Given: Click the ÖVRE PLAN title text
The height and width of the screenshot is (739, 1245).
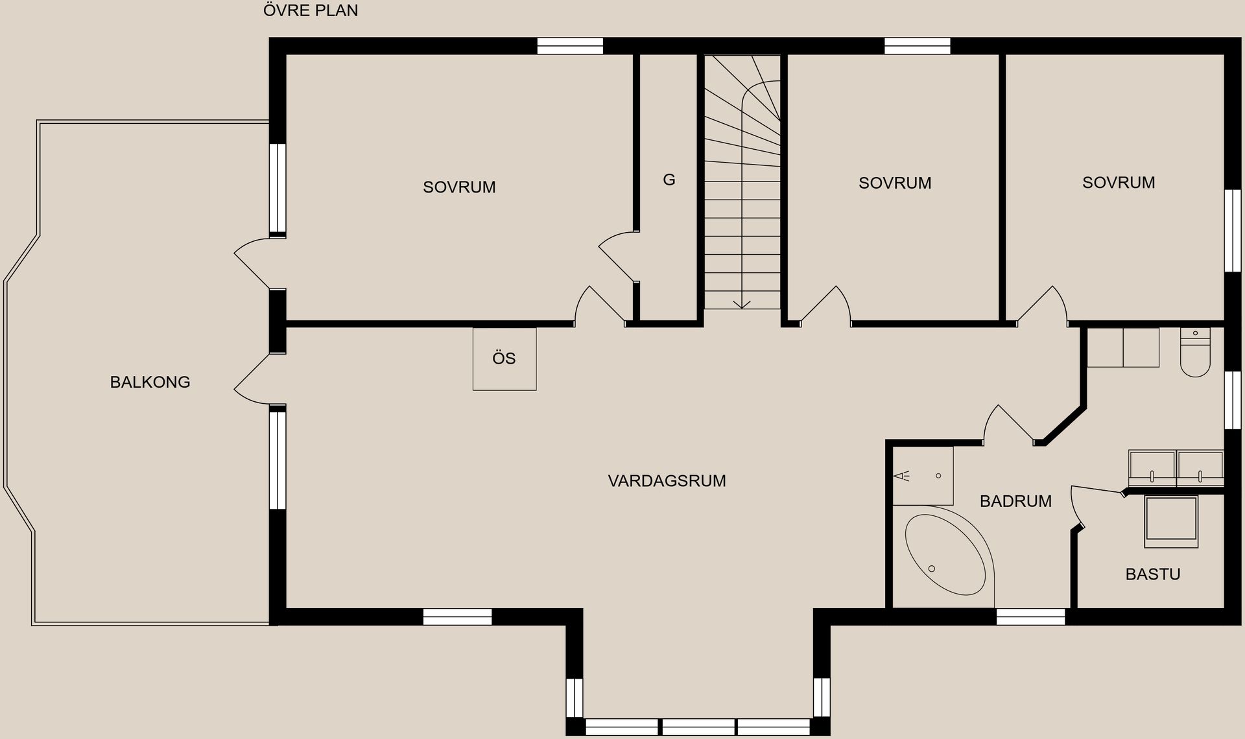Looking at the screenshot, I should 311,11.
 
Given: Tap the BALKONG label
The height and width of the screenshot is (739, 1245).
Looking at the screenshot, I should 150,382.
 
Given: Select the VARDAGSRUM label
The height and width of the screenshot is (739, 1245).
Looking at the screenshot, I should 667,481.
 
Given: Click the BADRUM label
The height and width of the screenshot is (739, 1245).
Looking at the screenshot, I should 1015,501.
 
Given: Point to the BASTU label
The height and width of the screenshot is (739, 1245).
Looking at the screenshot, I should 1152,574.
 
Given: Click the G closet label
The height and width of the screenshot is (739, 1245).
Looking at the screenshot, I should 669,180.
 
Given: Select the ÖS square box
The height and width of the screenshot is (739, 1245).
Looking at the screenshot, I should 504,358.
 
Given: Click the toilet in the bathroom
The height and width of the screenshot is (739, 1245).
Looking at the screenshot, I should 1195,353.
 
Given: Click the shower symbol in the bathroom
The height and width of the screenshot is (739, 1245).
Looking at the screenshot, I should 903,476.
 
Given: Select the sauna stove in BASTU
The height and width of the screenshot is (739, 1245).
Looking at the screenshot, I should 1171,521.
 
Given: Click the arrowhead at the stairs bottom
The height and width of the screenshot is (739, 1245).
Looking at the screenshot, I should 742,304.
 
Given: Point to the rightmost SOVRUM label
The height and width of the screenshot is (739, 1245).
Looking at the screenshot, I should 1119,183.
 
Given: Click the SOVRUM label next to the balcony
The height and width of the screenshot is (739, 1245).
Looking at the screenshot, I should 459,187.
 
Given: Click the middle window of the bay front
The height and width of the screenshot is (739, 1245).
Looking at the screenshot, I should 698,727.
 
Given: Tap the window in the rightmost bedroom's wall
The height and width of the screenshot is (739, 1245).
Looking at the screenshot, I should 1232,230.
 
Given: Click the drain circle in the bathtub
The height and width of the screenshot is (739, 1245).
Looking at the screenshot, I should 932,569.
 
